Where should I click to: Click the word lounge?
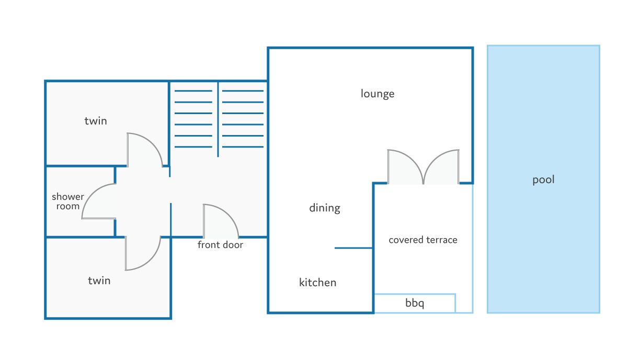click(x=378, y=94)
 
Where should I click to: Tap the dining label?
click(x=325, y=208)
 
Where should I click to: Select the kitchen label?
click(x=317, y=283)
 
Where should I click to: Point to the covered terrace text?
click(x=423, y=240)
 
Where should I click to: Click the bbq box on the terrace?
click(x=415, y=303)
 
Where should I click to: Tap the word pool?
click(x=543, y=180)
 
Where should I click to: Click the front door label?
click(x=220, y=245)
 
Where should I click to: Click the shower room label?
click(x=68, y=201)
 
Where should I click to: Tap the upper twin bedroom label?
click(x=96, y=121)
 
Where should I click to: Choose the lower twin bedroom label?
click(x=99, y=281)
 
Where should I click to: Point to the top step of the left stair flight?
click(x=193, y=91)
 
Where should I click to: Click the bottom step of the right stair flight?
click(x=243, y=147)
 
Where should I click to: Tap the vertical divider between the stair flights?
click(x=218, y=119)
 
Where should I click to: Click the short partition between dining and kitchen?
click(x=353, y=248)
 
